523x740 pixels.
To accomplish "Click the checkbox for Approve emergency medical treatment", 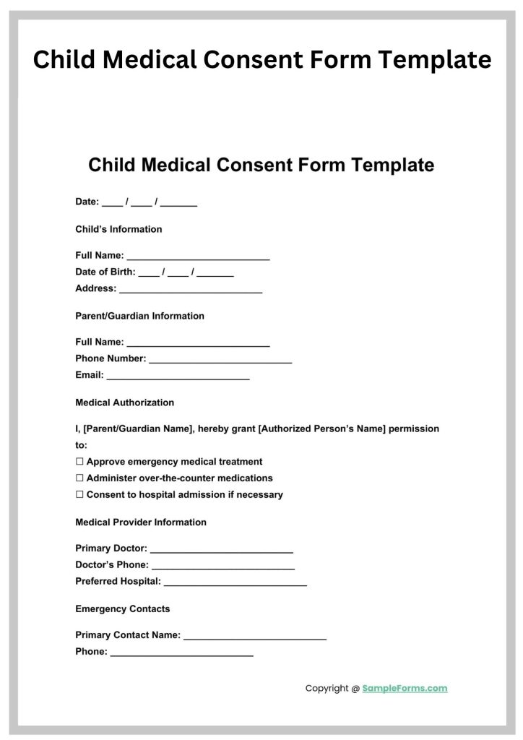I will [x=79, y=462].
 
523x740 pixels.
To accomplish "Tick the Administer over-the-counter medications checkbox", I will [x=79, y=478].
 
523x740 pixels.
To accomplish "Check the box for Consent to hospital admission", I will [x=79, y=495].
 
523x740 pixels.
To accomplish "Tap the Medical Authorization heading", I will [x=124, y=403].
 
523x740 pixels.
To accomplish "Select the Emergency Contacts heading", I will [x=123, y=609].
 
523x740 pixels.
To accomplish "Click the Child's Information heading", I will [x=118, y=229].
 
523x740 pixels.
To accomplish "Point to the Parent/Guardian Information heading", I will [x=139, y=316].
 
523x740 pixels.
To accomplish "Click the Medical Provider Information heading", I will [x=141, y=522].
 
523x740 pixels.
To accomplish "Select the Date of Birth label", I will [x=105, y=272].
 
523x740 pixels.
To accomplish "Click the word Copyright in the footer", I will [x=327, y=689].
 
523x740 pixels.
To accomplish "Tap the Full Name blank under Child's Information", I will [x=198, y=257].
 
